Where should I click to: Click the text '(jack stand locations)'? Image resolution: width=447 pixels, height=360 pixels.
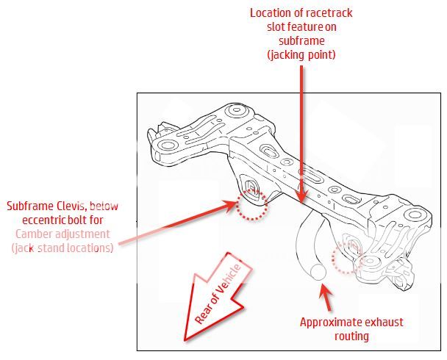coord(62,248)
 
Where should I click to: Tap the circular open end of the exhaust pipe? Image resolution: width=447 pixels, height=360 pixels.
coord(318,271)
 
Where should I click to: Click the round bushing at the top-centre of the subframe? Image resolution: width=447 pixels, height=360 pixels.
coord(235,112)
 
